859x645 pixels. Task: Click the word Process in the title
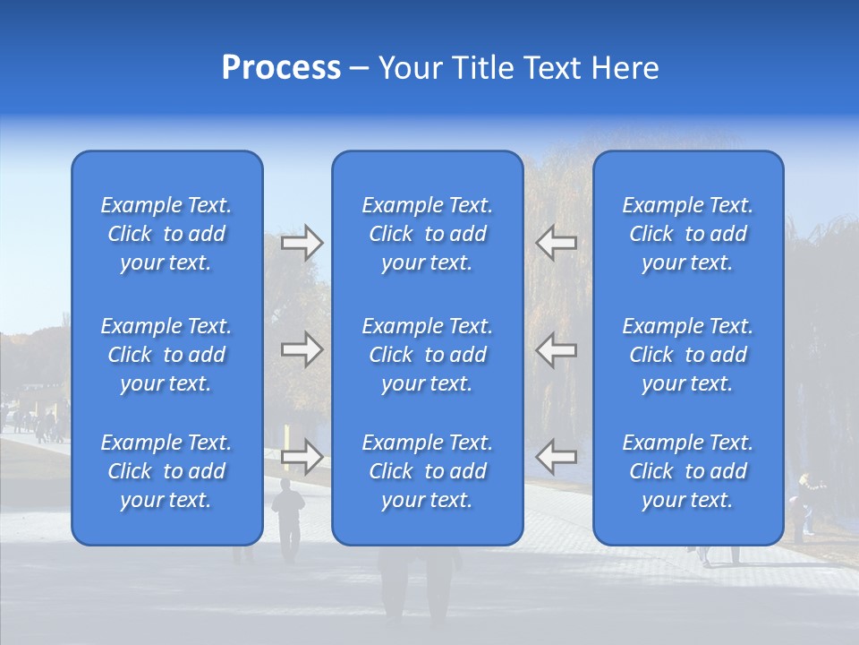click(281, 68)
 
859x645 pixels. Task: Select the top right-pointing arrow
click(302, 243)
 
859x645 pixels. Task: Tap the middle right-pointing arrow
click(302, 349)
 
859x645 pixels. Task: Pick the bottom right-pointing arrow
click(302, 457)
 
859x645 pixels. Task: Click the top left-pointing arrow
click(556, 243)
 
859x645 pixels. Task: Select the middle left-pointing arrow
click(556, 349)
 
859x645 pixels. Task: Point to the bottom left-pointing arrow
click(556, 457)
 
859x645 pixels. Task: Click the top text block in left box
click(166, 234)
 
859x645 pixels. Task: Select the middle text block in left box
click(166, 355)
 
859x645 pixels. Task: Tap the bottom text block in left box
click(166, 471)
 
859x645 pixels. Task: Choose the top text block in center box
click(427, 234)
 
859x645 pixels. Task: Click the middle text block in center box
click(427, 355)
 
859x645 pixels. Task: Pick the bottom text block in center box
click(427, 471)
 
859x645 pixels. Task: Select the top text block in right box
click(687, 234)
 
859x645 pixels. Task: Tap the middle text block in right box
click(687, 355)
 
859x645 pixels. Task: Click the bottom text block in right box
click(687, 471)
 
